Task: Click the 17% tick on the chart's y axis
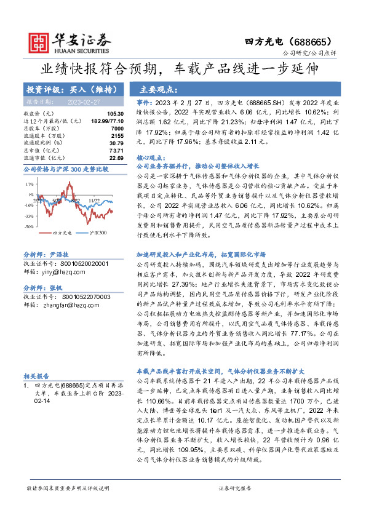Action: (30, 184)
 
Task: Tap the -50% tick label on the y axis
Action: (29, 226)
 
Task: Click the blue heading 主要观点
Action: (159, 89)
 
